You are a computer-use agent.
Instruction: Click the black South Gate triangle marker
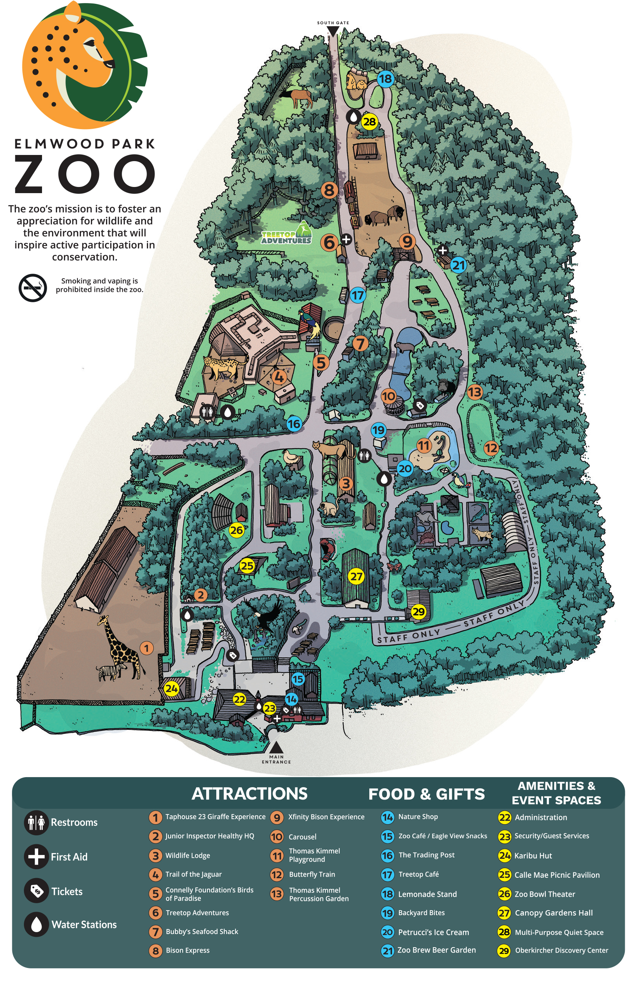click(x=333, y=31)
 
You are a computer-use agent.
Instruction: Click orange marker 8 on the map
click(x=329, y=190)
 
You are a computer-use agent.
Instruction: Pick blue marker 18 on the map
click(x=385, y=79)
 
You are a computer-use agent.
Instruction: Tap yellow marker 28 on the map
click(x=369, y=121)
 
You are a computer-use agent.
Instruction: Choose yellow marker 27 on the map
click(x=356, y=576)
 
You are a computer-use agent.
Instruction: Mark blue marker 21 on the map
click(x=458, y=265)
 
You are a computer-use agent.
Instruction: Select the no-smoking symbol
click(x=33, y=288)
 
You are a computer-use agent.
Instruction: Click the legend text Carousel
click(x=302, y=837)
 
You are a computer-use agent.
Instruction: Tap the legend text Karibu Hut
click(x=533, y=856)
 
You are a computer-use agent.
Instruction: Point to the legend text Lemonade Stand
click(x=427, y=894)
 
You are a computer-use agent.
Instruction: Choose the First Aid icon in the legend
click(x=36, y=857)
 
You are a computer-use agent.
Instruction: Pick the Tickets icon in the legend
click(x=36, y=891)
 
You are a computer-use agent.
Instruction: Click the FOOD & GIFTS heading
click(x=426, y=794)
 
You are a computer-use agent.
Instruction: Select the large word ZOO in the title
click(x=85, y=174)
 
